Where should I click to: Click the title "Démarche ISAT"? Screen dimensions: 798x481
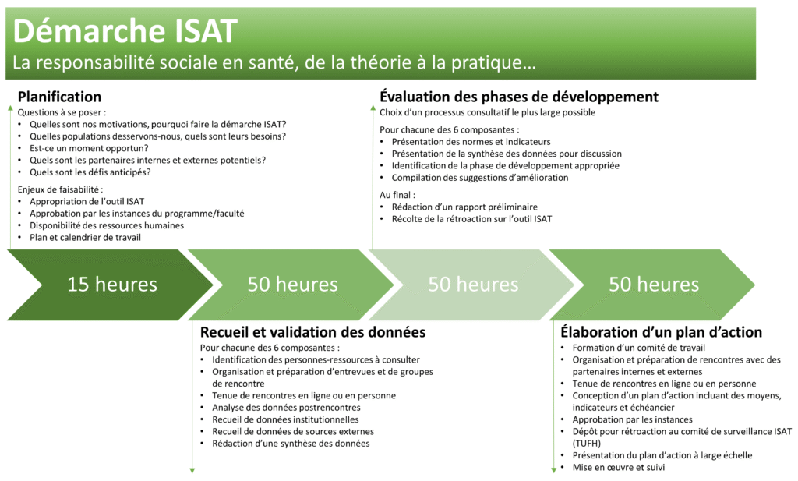point(125,31)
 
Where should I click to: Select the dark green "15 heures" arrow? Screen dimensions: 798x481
point(112,285)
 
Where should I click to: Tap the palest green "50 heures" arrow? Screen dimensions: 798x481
point(473,285)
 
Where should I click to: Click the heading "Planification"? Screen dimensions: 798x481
point(59,97)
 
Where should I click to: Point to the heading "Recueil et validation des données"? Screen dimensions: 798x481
point(313,332)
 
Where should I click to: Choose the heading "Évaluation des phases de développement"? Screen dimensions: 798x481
point(519,96)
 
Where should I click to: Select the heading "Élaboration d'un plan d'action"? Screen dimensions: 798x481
point(661,332)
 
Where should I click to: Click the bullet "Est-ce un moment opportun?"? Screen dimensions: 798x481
point(89,148)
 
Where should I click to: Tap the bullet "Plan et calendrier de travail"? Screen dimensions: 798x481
point(85,237)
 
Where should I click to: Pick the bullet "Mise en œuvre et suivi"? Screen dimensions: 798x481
point(618,467)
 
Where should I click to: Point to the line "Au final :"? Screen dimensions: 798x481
point(397,195)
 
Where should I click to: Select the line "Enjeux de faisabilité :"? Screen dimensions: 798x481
point(61,189)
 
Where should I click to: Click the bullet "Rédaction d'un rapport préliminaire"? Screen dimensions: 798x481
point(464,207)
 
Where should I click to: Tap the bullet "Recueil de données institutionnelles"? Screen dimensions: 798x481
point(285,419)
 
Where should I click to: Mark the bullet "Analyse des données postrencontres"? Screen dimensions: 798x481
point(286,408)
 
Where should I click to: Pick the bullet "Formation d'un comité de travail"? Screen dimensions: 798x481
point(639,348)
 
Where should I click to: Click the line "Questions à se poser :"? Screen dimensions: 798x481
point(62,112)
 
